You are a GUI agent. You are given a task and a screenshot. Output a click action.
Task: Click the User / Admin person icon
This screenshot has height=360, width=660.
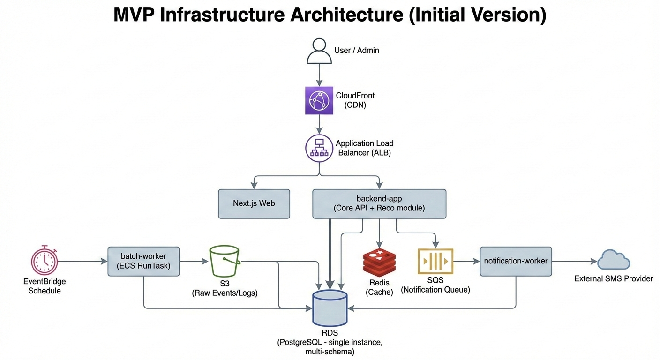pos(319,51)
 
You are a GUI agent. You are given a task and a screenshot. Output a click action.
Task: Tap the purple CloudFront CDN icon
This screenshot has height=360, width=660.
pos(319,100)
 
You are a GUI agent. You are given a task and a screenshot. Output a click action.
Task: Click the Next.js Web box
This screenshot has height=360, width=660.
pos(254,204)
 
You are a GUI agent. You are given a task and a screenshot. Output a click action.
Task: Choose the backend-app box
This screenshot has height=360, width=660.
pos(379,204)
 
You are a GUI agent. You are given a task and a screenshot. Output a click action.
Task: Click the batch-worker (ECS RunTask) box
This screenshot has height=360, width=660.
pos(143,261)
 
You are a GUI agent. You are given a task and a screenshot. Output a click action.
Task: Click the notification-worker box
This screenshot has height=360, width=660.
pos(516,261)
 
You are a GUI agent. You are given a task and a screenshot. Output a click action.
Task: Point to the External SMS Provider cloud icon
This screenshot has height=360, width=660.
pos(614,260)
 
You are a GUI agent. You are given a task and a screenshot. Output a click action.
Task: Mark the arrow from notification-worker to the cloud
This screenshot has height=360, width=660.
pos(574,261)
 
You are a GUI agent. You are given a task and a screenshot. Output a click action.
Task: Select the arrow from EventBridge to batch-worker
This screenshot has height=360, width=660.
pos(82,261)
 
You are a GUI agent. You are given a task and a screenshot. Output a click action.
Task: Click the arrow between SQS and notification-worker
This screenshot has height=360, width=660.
pos(466,261)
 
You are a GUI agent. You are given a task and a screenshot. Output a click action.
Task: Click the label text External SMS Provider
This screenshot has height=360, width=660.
pos(614,279)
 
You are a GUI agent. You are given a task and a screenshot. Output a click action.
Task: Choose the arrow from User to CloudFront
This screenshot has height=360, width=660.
pos(319,75)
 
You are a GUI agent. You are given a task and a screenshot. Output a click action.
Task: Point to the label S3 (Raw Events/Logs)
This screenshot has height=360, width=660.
pos(225,288)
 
